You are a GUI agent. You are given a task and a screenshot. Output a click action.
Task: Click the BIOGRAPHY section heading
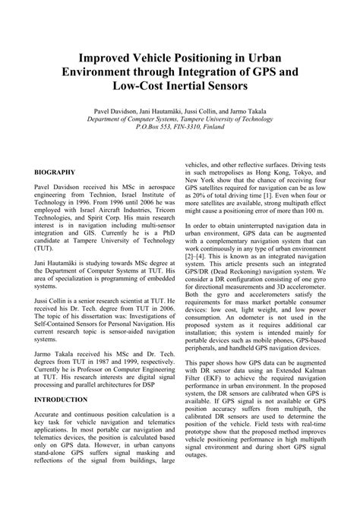point(55,172)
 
